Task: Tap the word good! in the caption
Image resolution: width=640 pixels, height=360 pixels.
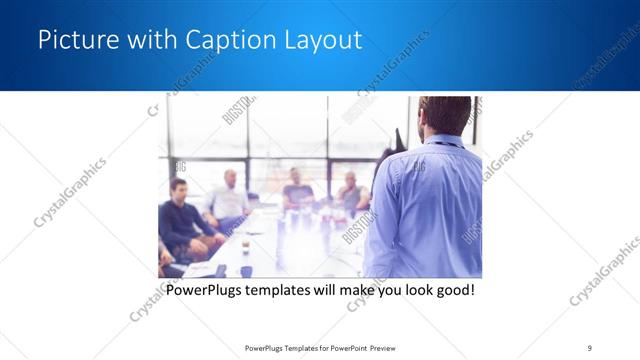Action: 452,291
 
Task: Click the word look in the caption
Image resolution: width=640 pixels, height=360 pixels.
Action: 410,291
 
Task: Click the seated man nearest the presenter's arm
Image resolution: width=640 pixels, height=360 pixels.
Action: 351,193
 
